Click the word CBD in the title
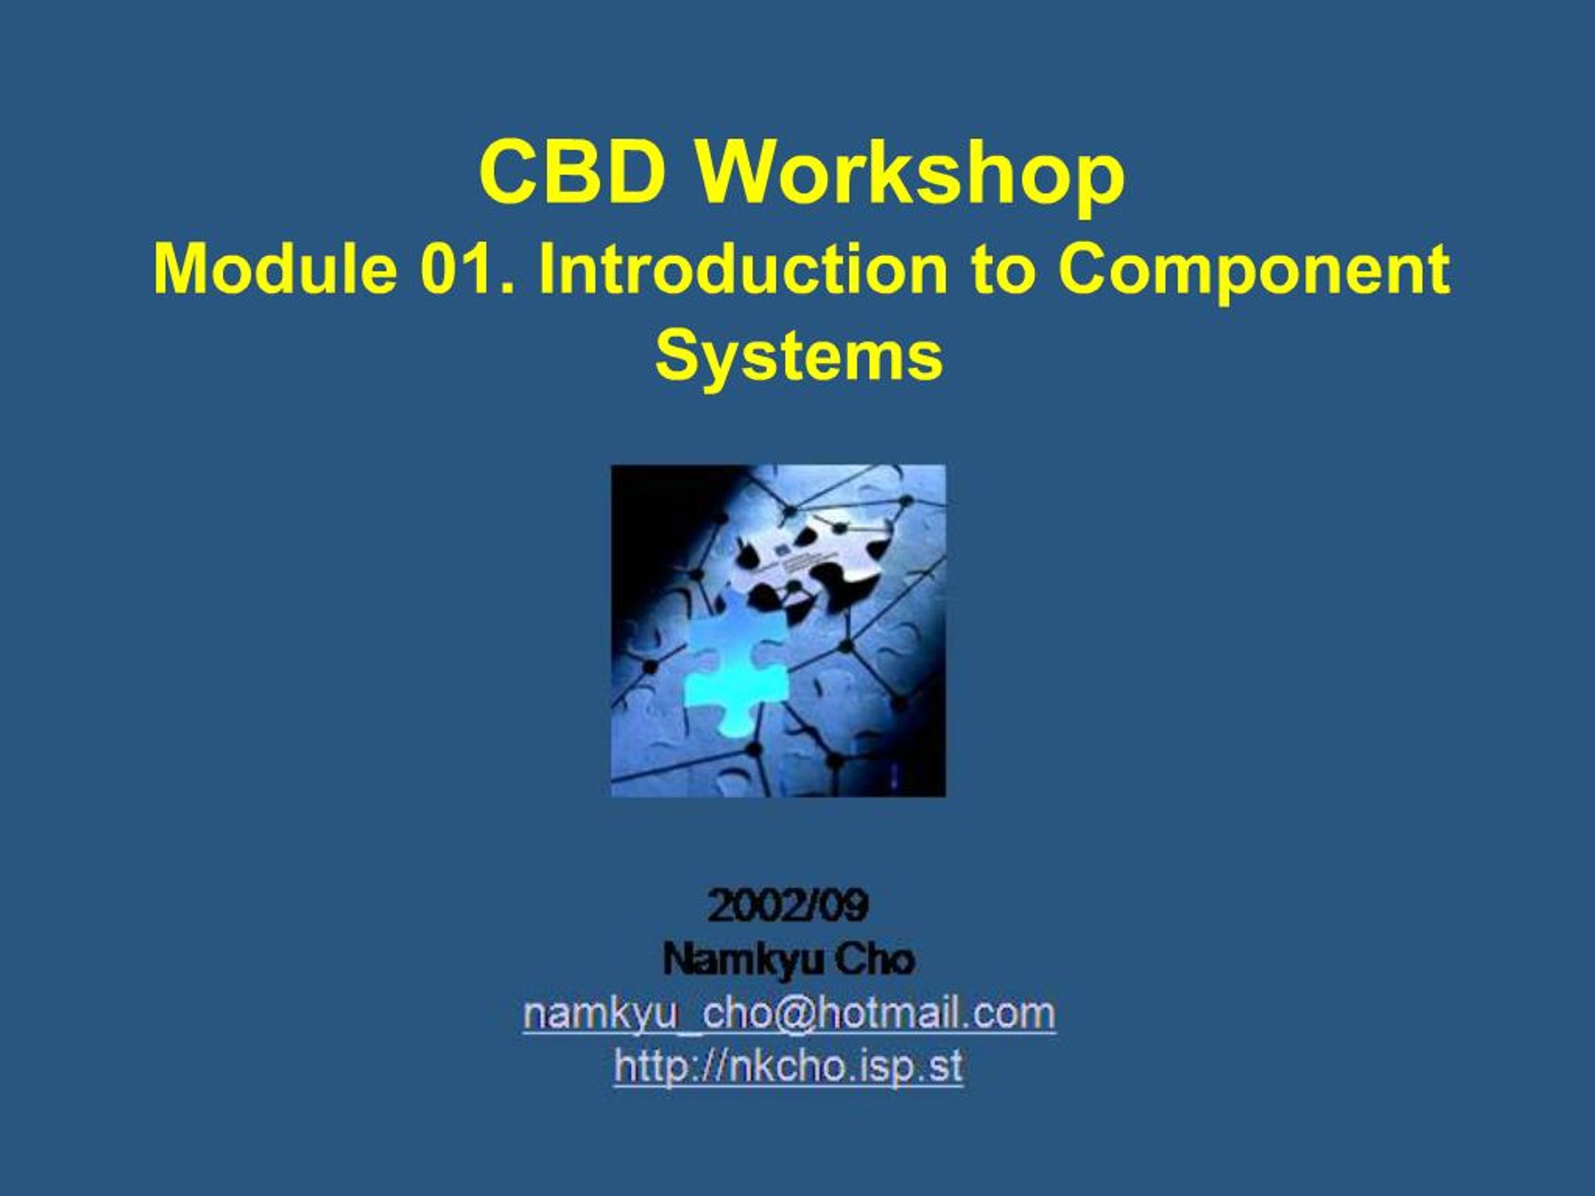tap(573, 173)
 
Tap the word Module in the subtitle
tap(275, 269)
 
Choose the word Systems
tap(799, 358)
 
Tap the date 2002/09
tap(788, 906)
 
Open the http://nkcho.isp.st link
tap(788, 1067)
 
